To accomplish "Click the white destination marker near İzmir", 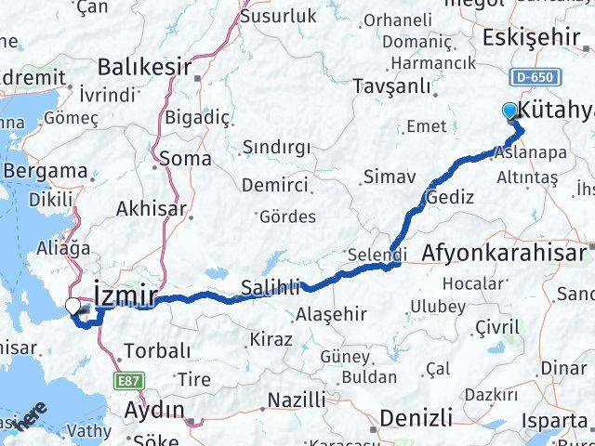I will [x=73, y=305].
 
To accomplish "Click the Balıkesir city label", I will [x=143, y=67].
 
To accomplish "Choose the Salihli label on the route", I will [x=269, y=286].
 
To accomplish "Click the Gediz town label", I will [x=450, y=197].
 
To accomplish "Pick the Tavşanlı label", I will [x=392, y=87].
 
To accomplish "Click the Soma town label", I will [x=184, y=158].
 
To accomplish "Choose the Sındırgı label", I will [x=278, y=147].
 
